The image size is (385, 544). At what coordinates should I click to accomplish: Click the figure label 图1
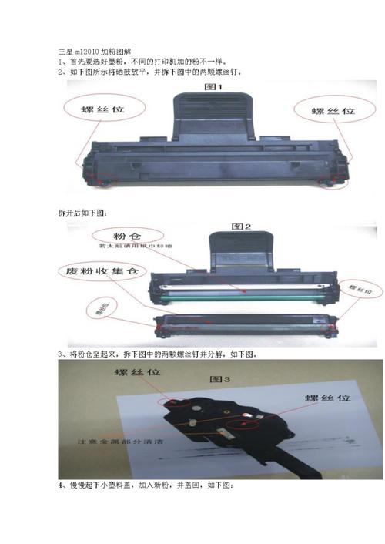(x=213, y=87)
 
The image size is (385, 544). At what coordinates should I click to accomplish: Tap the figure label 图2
(x=242, y=227)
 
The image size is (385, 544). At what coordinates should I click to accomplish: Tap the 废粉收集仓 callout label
(x=100, y=272)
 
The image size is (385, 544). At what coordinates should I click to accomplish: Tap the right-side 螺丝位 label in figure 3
(x=323, y=398)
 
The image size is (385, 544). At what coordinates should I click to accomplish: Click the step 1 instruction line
(x=142, y=62)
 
